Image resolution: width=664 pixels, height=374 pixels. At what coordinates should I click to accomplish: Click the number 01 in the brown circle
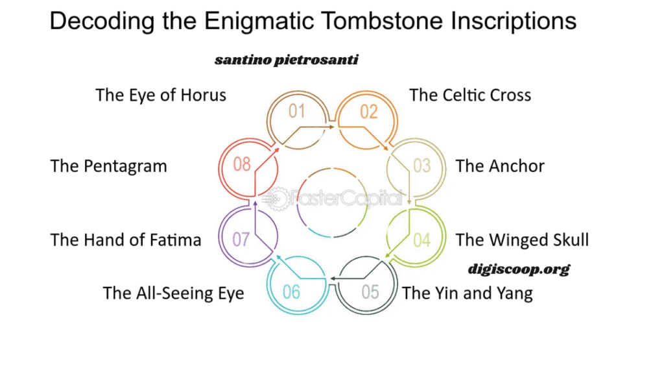[x=296, y=111]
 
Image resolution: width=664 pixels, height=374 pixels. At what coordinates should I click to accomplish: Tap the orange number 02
[x=368, y=112]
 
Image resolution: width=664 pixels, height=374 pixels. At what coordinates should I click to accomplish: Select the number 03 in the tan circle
[x=421, y=166]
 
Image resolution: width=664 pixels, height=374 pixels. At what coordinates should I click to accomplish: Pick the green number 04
[x=421, y=240]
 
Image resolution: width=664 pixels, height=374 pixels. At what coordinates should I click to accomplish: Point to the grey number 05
[x=370, y=292]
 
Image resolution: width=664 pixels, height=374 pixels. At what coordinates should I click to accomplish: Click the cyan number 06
[x=291, y=292]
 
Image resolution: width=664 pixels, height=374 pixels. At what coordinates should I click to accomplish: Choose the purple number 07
[x=241, y=240]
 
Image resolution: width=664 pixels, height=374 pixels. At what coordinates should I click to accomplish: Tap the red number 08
[x=242, y=164]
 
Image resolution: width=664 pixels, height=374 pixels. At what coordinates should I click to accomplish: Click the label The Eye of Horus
[x=161, y=95]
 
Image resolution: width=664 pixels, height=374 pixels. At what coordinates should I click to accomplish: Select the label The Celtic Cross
[x=470, y=95]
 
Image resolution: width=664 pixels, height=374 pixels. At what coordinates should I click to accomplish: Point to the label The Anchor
[x=500, y=166]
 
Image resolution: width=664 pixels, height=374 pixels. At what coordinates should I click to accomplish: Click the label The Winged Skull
[x=522, y=240]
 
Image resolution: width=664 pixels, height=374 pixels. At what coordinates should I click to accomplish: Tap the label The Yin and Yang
[x=468, y=293]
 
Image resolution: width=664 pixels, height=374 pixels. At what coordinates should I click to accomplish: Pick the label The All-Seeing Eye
[x=174, y=293]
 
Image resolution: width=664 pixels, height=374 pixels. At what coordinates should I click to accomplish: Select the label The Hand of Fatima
[x=126, y=240]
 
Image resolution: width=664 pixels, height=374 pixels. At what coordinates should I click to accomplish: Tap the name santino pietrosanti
[x=286, y=60]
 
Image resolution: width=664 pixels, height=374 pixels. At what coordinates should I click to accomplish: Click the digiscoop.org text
[x=519, y=269]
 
